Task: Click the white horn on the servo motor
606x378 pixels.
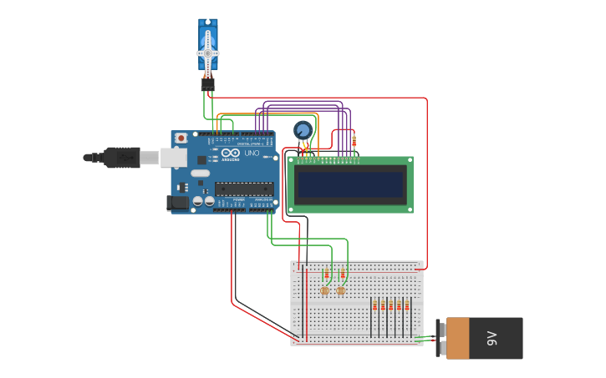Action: (208, 53)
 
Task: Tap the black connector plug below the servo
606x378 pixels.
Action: (207, 83)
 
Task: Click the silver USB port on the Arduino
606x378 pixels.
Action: (174, 157)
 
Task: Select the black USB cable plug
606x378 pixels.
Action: (121, 157)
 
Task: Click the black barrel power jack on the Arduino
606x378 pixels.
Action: (178, 202)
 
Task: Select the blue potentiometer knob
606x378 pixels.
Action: (303, 129)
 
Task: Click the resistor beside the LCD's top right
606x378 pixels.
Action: (354, 141)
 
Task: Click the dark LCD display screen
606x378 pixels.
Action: (350, 184)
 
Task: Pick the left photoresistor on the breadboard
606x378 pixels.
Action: (324, 290)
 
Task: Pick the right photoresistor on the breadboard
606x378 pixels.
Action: (341, 290)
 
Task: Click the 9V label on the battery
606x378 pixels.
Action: (492, 338)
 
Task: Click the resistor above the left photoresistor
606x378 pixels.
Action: (327, 275)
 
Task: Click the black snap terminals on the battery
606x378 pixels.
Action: (440, 338)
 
